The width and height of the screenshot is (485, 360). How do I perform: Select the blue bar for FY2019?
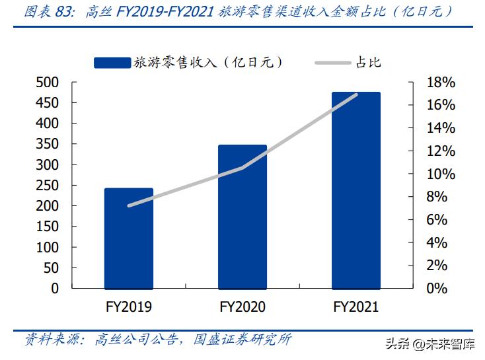pyautogui.click(x=129, y=238)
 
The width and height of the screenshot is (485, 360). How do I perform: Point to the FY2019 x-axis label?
pyautogui.click(x=129, y=307)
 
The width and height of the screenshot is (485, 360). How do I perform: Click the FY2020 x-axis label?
pyautogui.click(x=243, y=307)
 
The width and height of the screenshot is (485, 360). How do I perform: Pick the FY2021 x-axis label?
pyautogui.click(x=356, y=307)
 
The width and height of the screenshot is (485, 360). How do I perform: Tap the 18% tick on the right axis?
pyautogui.click(x=440, y=83)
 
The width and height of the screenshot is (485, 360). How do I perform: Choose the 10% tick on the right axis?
pyautogui.click(x=440, y=174)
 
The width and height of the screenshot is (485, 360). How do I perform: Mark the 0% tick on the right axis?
pyautogui.click(x=437, y=289)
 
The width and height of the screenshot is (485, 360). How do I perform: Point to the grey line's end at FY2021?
pyautogui.click(x=356, y=94)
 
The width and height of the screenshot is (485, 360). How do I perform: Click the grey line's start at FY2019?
pyautogui.click(x=129, y=205)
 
